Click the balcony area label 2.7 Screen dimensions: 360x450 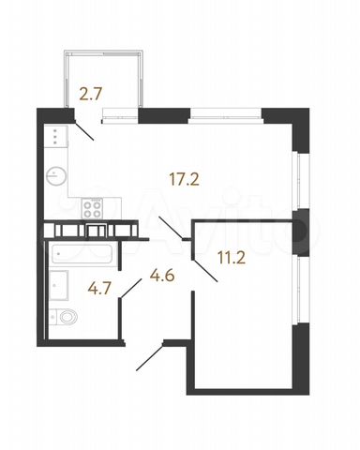[91, 94]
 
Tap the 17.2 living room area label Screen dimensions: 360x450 [184, 179]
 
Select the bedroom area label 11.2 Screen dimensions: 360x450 [232, 259]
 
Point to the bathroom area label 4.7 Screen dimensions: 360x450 [99, 288]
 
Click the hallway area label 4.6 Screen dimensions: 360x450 [162, 276]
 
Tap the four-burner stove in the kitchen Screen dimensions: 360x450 [92, 208]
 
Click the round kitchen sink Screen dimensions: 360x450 [55, 176]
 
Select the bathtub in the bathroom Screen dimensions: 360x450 [82, 254]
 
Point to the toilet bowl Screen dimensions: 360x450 [64, 317]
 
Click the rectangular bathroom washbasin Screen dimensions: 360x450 [59, 285]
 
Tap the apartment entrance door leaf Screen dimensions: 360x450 [150, 357]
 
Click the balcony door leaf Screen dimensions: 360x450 [84, 131]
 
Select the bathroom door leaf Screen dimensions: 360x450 [131, 289]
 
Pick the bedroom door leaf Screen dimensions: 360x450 [205, 271]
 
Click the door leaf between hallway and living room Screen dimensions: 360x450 [171, 228]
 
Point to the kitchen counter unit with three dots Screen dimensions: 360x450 [56, 136]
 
